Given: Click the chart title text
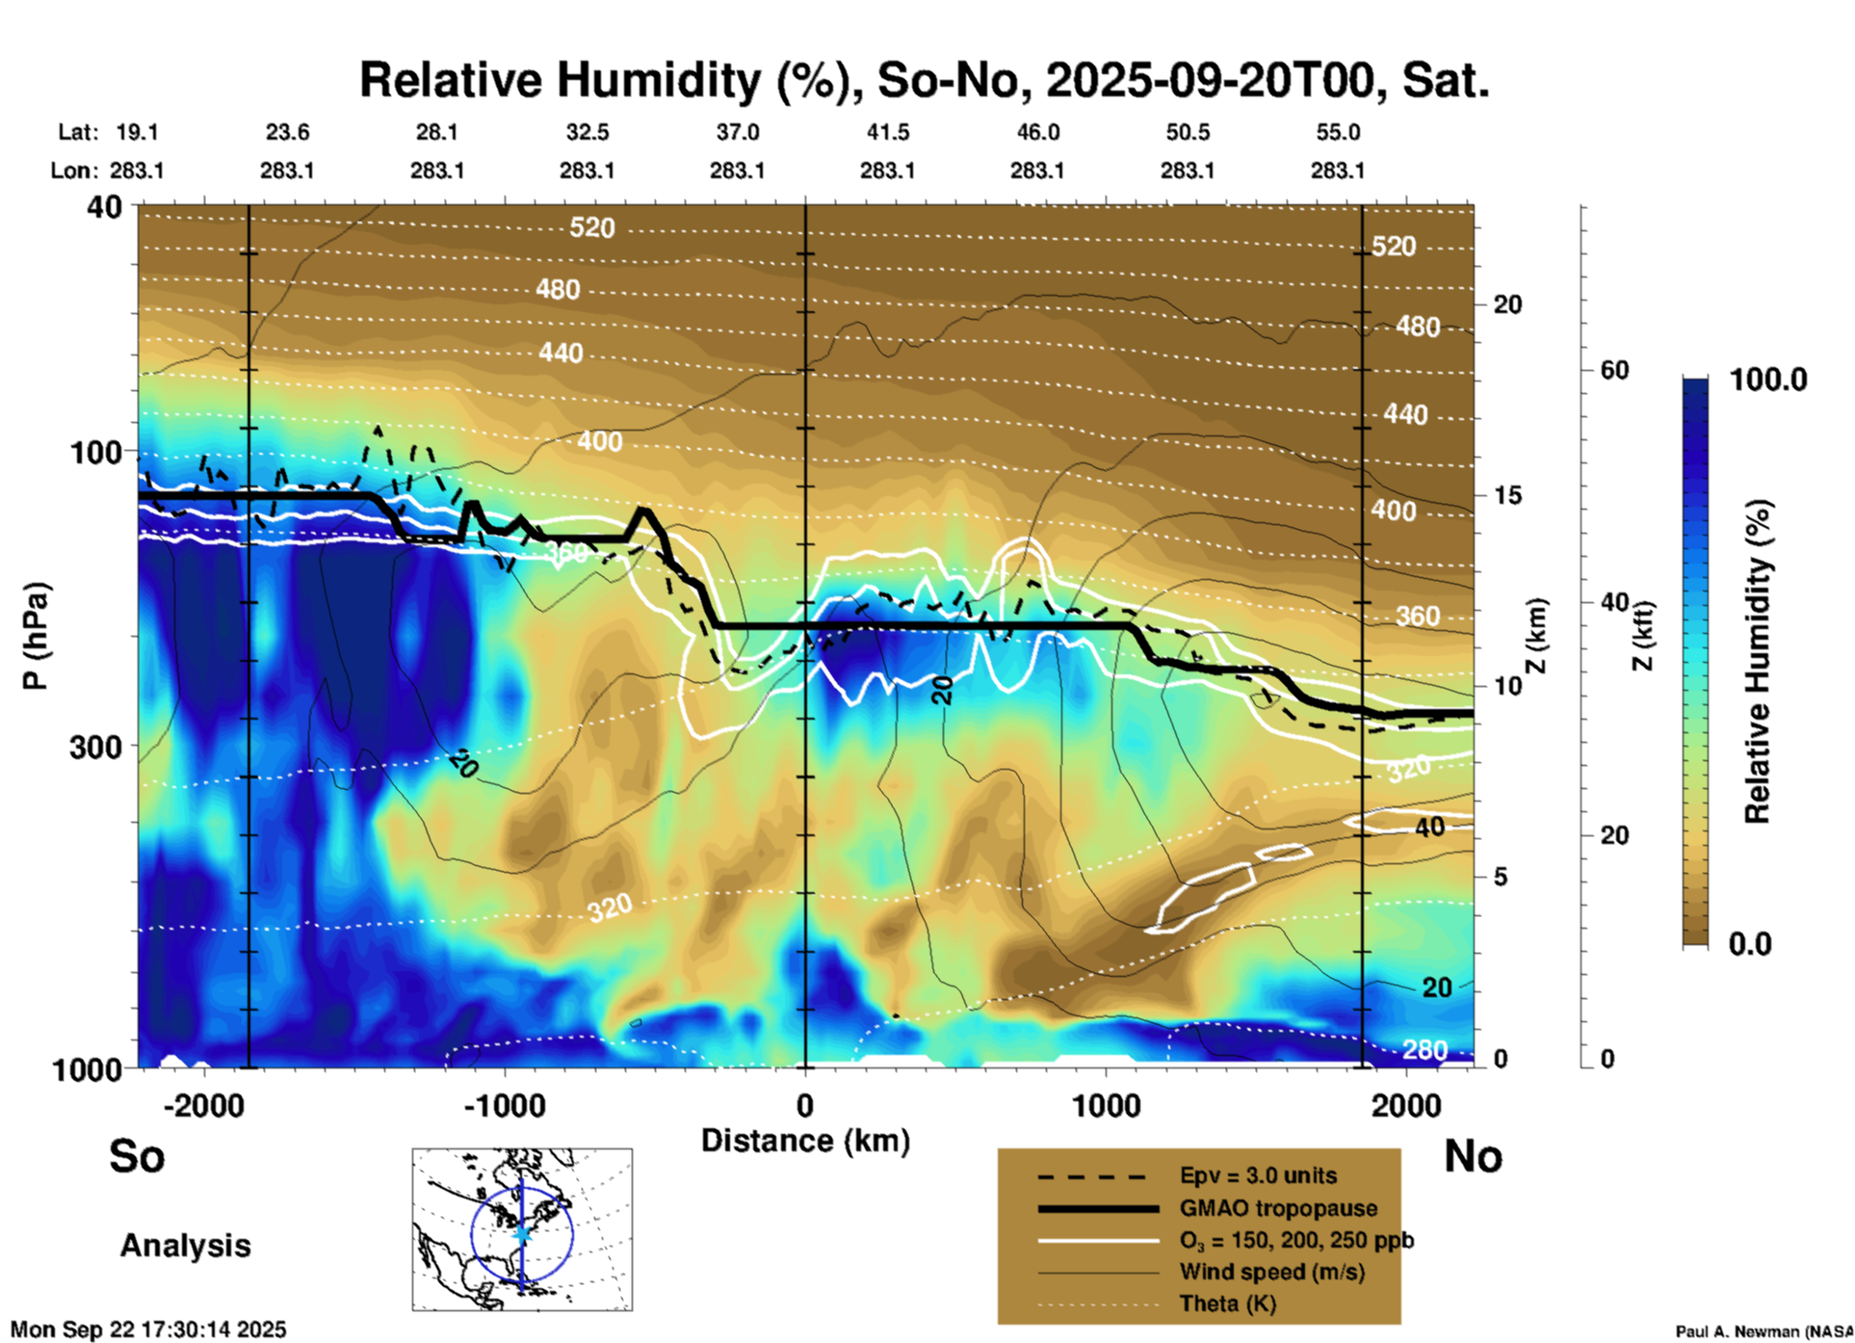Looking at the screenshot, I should [925, 81].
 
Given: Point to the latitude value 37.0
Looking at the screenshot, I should [737, 132].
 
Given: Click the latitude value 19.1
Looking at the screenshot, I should [137, 132].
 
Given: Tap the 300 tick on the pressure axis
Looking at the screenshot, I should [95, 747].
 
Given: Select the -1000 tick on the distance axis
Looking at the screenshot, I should [505, 1106].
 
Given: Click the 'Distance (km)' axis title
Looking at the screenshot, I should [805, 1141].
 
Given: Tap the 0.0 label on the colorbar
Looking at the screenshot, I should [1750, 944].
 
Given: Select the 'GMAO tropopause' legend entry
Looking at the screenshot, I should [1278, 1208].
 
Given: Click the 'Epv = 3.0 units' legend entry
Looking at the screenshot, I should [1258, 1176].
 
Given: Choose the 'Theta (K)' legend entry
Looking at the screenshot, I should [1227, 1304].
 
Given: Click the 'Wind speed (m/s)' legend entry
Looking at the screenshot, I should [1271, 1273].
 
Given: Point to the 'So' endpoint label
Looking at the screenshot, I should [137, 1156].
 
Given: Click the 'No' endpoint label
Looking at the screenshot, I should [1473, 1156].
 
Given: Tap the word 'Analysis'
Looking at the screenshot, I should [185, 1246].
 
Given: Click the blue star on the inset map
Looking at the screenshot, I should [522, 1233].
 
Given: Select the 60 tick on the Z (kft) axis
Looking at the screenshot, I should [1614, 370].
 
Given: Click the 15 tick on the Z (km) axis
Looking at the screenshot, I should [1507, 495].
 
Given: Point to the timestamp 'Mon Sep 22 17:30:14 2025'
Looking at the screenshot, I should [148, 1330].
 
